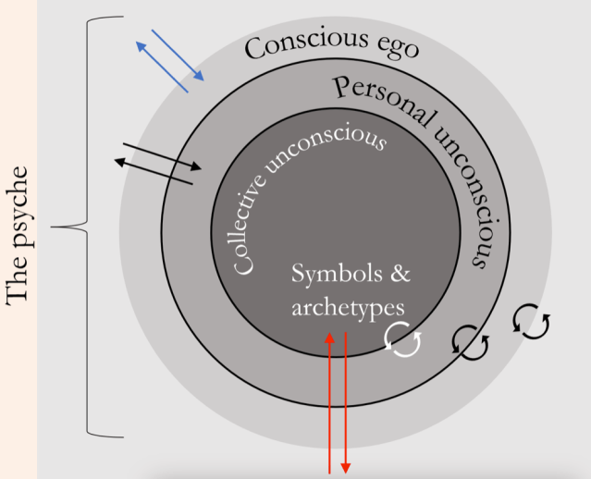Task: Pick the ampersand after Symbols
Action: pos(400,275)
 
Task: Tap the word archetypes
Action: pos(348,306)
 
